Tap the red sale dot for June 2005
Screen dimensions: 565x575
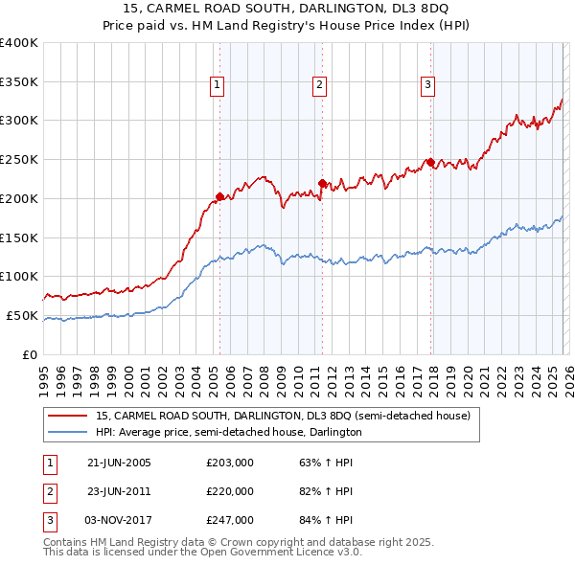click(219, 196)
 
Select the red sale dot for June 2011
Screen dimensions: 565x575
click(321, 183)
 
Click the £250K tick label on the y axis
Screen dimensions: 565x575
click(19, 160)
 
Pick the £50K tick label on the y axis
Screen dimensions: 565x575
click(22, 315)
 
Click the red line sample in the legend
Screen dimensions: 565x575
click(66, 417)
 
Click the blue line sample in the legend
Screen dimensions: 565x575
click(66, 432)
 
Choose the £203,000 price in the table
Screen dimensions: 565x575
click(230, 463)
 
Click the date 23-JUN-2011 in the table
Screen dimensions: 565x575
click(119, 491)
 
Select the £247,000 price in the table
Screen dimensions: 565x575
click(230, 520)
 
